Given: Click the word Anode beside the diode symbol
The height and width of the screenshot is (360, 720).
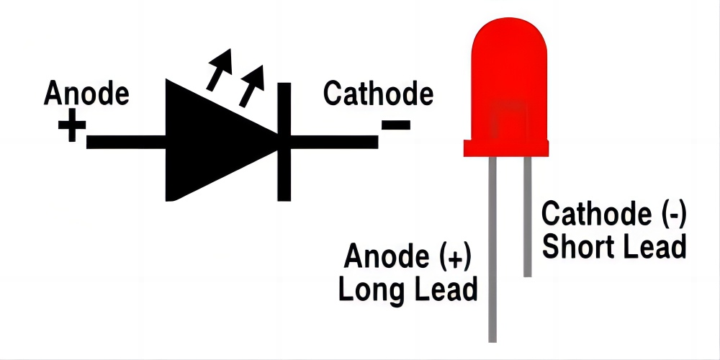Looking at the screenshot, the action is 86,93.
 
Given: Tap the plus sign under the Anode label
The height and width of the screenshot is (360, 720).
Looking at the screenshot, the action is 72,125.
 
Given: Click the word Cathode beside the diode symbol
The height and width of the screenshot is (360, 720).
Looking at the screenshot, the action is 379,93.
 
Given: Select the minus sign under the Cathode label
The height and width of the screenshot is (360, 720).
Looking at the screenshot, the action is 395,125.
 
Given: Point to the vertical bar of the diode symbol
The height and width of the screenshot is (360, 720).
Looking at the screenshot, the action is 284,142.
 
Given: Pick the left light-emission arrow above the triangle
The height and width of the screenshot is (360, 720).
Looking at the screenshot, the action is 220,69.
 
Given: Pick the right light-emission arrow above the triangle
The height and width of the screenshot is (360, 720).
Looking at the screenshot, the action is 251,86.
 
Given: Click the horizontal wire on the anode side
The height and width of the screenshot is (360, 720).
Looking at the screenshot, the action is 126,142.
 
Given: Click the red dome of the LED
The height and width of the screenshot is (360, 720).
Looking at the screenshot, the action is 509,79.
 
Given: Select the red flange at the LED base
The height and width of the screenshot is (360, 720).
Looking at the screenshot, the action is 506,148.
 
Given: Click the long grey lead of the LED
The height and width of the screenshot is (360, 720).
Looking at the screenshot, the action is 492,249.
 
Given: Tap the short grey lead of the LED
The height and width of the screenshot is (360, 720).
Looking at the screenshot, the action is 528,217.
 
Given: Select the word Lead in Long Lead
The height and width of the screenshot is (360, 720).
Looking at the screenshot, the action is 444,289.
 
